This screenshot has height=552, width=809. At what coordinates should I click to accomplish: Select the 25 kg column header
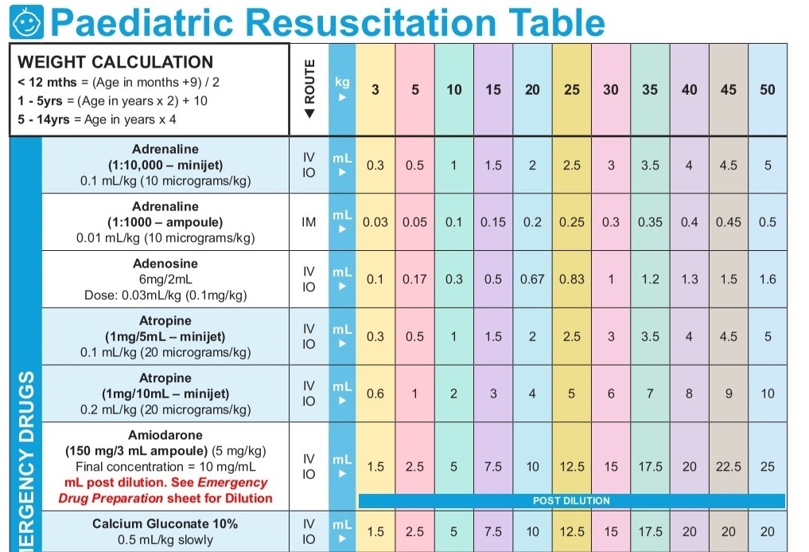pos(572,90)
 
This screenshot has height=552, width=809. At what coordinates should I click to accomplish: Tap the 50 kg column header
pos(767,90)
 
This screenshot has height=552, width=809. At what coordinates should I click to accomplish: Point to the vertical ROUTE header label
pos(309,90)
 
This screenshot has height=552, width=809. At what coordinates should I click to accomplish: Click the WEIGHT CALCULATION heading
pos(115,62)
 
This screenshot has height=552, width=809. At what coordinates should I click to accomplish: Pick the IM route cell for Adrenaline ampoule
pos(309,222)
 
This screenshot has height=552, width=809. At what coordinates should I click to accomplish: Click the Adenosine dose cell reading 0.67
pos(532,280)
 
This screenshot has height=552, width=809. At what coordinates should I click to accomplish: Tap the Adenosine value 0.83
pos(572,280)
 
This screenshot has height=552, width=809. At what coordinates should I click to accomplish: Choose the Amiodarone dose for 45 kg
pos(728,467)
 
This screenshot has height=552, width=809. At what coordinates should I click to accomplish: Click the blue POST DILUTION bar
pos(571,501)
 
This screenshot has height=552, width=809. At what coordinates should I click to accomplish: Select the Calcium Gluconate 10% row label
pos(165,524)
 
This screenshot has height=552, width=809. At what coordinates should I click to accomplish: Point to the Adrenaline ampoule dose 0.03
pos(375,222)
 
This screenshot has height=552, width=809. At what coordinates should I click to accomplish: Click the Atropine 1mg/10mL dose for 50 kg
pos(767,393)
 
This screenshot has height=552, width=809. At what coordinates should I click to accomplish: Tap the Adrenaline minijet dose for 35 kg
pos(650,166)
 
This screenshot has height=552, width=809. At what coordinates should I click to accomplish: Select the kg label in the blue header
pos(342,82)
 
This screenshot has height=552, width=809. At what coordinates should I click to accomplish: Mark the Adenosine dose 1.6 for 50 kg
pos(767,280)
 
